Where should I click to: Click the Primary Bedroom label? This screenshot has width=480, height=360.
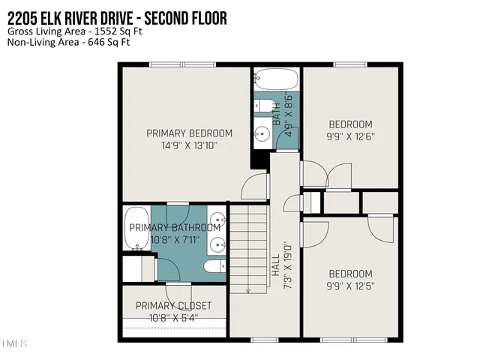click(189, 133)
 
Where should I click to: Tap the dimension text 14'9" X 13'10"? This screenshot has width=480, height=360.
click(189, 145)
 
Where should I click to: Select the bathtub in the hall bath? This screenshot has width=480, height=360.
click(276, 78)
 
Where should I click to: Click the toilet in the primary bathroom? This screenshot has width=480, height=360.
click(214, 266)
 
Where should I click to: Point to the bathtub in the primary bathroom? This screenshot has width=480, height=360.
click(137, 228)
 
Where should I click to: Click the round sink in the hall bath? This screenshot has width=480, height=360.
click(262, 133)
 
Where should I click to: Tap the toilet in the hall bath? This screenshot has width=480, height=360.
click(265, 106)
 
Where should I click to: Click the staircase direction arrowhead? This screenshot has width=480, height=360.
click(248, 291)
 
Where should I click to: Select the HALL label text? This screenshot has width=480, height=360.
click(276, 265)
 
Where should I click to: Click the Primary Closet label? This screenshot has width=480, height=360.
click(173, 305)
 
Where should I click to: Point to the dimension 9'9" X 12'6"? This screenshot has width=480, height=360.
click(350, 136)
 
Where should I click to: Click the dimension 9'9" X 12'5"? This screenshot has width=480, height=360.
click(350, 286)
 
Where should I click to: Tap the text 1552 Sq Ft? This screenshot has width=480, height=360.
click(118, 31)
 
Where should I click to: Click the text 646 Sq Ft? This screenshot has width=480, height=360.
click(109, 42)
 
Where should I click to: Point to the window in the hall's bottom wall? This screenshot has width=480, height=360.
click(265, 340)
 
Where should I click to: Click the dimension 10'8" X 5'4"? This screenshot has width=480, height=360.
click(173, 318)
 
